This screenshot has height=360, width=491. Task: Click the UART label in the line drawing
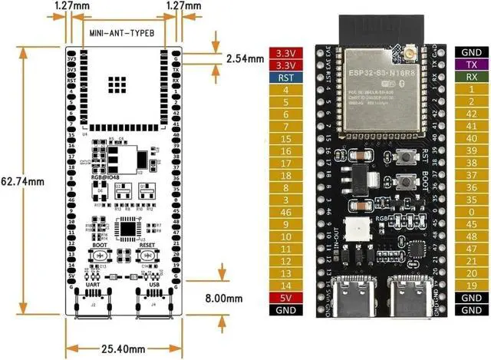pos(93,283)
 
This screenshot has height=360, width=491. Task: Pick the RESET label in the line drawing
pos(148,246)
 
